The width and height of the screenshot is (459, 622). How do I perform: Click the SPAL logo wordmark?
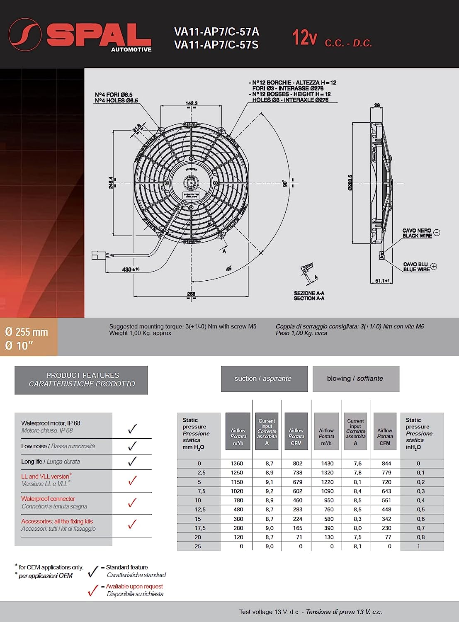(99, 35)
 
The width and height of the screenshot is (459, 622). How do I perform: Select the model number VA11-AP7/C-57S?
(216, 45)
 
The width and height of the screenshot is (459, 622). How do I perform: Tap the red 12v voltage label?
(305, 38)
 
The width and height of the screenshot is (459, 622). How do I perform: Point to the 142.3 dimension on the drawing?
(191, 103)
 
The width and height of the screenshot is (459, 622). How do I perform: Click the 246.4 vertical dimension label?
(111, 182)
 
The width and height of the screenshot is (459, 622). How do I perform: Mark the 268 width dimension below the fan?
(191, 294)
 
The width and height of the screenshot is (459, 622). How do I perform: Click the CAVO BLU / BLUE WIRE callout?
(416, 267)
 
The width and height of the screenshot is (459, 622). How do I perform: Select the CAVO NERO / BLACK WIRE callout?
(417, 233)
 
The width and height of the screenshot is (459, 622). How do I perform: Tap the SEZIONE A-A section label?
(309, 296)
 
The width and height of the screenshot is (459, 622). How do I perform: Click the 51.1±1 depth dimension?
(382, 281)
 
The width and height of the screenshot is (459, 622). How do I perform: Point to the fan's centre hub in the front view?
(191, 182)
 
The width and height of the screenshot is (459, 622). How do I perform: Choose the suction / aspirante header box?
(264, 379)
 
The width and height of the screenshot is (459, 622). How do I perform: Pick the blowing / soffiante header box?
(355, 379)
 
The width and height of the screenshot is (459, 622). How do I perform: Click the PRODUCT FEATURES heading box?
(81, 380)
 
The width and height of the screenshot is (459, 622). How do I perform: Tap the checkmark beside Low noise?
(132, 446)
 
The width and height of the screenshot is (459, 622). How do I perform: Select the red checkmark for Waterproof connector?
(132, 503)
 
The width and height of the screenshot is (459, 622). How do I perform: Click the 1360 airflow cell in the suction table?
(237, 464)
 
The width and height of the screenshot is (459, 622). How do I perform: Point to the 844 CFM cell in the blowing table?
(386, 464)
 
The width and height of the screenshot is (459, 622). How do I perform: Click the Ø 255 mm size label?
(27, 332)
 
